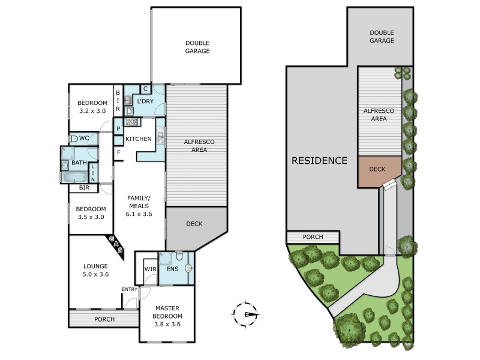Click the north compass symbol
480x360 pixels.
(245, 314)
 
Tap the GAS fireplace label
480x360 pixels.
(115, 245)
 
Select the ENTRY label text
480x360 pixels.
(130, 290)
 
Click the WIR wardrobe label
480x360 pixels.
(150, 269)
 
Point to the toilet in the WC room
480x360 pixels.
(73, 139)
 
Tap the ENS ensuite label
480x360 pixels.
(173, 269)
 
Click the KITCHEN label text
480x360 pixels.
(139, 139)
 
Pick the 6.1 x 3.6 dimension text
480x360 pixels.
(139, 214)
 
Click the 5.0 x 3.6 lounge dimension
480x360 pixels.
(95, 275)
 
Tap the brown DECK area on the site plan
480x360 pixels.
(377, 170)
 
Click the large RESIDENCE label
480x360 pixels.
(320, 161)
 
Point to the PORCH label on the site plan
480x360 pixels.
(313, 237)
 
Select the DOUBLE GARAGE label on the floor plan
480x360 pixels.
(197, 47)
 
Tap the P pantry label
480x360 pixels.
(118, 128)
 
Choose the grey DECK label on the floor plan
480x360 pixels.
(194, 224)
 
